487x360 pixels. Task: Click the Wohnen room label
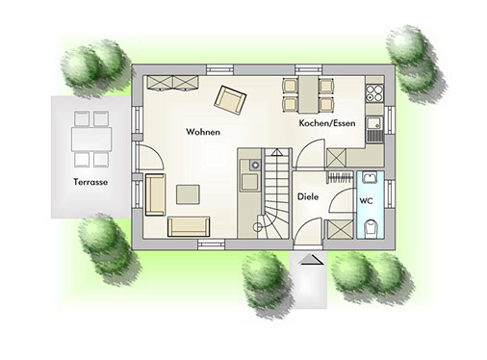(x=203, y=132)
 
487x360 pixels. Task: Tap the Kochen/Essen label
(x=327, y=123)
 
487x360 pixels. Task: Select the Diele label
(x=308, y=196)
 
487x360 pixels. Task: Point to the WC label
(x=366, y=201)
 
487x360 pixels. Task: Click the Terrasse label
(x=90, y=182)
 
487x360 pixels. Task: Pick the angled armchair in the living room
(x=230, y=100)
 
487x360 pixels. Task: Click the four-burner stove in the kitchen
(x=374, y=92)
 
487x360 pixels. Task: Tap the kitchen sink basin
(x=374, y=123)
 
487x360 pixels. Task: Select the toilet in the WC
(x=371, y=228)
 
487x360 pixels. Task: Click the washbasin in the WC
(x=371, y=177)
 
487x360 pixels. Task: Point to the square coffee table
(x=188, y=194)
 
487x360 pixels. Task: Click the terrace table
(x=91, y=140)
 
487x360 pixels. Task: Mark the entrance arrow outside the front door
(x=311, y=259)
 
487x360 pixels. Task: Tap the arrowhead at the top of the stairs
(x=275, y=152)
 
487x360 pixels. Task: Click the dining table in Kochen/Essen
(x=309, y=94)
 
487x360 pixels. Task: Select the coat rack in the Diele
(x=340, y=177)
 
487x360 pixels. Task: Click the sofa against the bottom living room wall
(x=189, y=226)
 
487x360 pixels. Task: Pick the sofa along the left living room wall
(x=155, y=194)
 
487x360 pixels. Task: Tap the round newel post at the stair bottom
(x=257, y=227)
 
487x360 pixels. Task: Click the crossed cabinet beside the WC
(x=340, y=229)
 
